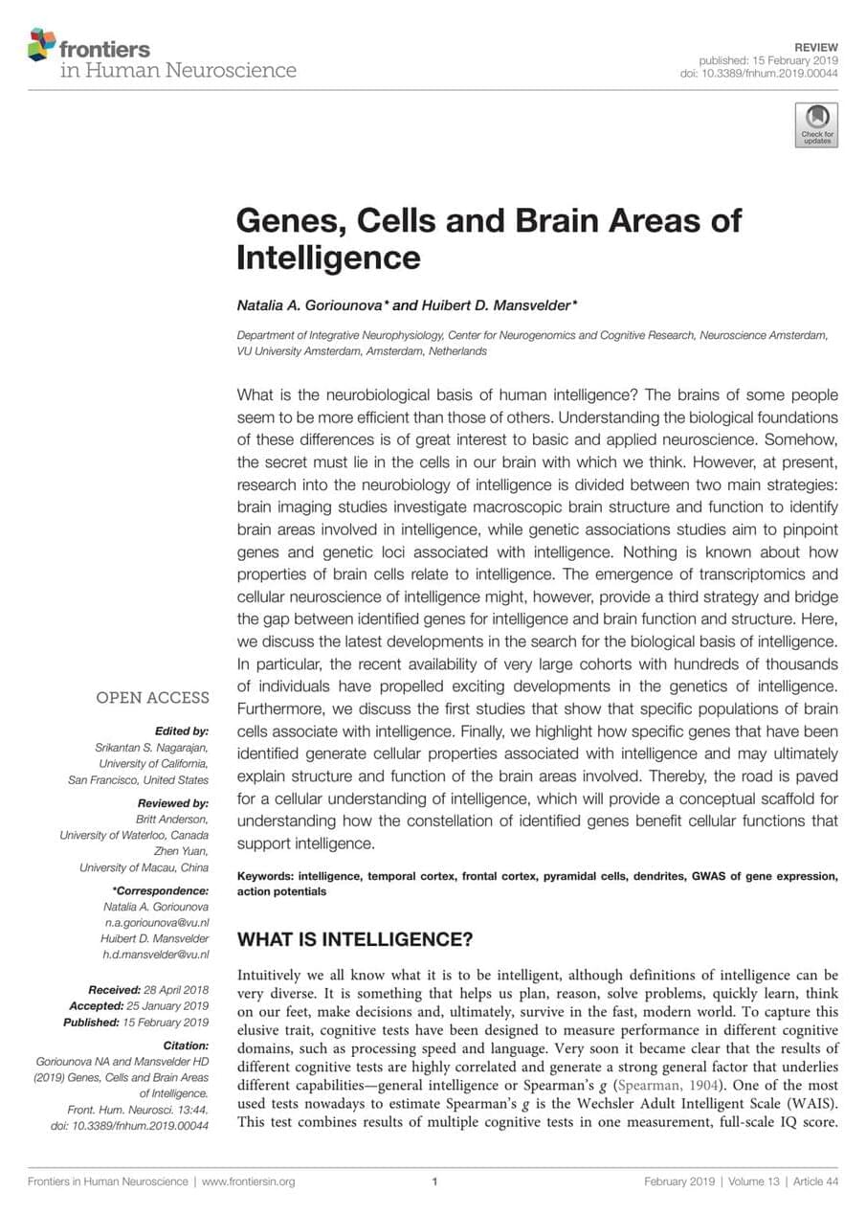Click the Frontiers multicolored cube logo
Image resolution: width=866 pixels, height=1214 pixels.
pyautogui.click(x=42, y=44)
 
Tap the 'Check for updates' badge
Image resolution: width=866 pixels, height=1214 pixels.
pyautogui.click(x=816, y=124)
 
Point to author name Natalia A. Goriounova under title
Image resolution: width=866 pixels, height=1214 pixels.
pyautogui.click(x=312, y=305)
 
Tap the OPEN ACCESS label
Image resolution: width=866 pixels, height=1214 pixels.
pyautogui.click(x=152, y=698)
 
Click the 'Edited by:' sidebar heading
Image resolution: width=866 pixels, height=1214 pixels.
pyautogui.click(x=181, y=731)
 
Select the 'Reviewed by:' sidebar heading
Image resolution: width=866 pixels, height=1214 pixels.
pyautogui.click(x=173, y=803)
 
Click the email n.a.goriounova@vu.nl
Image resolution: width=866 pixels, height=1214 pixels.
pyautogui.click(x=156, y=923)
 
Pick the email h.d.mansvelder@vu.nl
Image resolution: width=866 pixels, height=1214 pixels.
pyautogui.click(x=155, y=955)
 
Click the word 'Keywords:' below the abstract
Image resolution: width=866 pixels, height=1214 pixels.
pyautogui.click(x=265, y=876)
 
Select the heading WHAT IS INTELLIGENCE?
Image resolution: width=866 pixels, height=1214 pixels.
pyautogui.click(x=355, y=938)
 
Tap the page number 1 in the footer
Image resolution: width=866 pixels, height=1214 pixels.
pyautogui.click(x=434, y=1181)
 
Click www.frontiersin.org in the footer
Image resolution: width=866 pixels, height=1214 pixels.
pyautogui.click(x=248, y=1181)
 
